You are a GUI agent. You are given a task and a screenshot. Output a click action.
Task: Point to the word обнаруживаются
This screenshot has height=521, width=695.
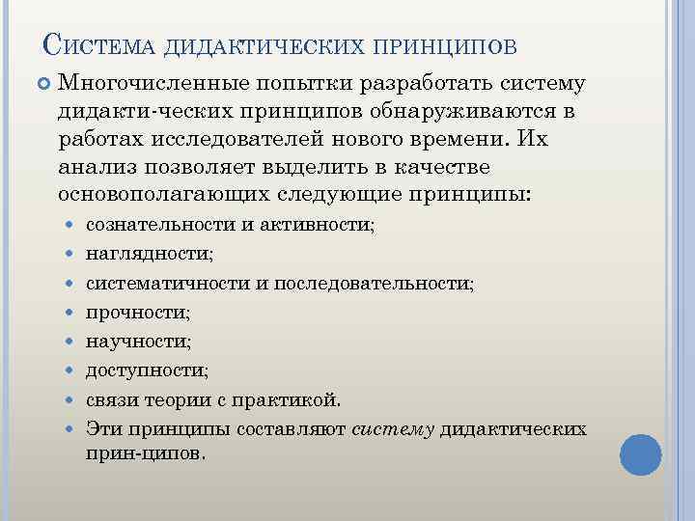point(470,112)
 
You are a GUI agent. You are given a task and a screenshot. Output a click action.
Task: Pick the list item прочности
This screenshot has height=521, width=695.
point(138,313)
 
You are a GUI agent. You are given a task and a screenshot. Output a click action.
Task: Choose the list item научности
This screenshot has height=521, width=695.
point(138,342)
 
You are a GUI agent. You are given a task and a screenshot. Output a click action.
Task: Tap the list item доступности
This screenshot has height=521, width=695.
point(147,370)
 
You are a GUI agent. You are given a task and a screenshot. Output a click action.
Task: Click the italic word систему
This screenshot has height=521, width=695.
point(393,428)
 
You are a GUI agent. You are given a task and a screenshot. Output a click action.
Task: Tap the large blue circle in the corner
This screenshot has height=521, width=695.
point(640,453)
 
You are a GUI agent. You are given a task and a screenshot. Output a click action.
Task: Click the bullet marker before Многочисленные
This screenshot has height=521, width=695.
point(42,86)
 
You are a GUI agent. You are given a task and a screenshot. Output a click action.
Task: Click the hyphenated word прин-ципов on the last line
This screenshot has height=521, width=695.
point(143,452)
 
